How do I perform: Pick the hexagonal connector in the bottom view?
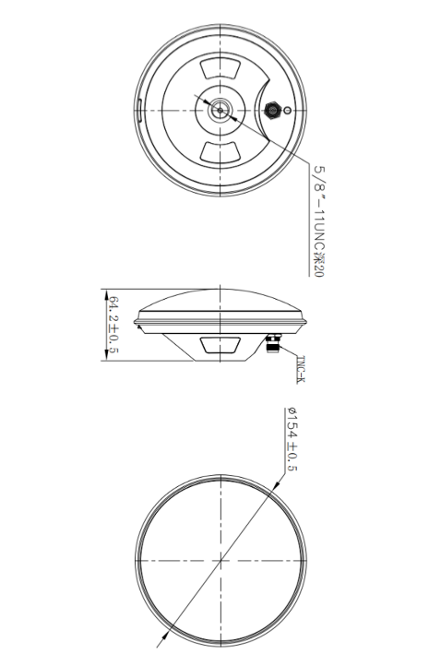click(272, 110)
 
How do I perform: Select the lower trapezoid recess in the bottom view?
click(220, 151)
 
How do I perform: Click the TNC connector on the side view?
click(273, 344)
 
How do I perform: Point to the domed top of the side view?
click(220, 304)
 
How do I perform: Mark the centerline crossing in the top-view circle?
click(220, 560)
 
